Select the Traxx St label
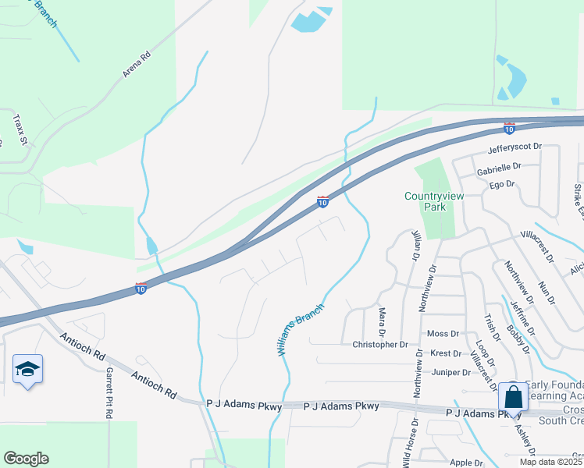point(20,130)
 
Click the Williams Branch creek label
point(301,331)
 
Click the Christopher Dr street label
point(380,344)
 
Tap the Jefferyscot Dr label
point(515,147)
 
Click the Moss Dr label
point(443,334)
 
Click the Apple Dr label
point(466,463)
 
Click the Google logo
point(26,459)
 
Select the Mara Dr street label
point(383,321)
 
